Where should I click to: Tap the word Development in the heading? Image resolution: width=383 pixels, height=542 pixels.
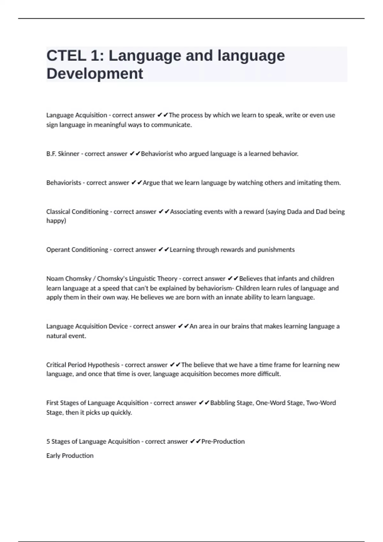tap(95, 74)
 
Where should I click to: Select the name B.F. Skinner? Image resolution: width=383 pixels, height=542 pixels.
tap(63, 154)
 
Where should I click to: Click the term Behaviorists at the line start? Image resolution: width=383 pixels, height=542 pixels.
tap(64, 183)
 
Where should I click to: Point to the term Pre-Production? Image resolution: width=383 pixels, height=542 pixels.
tap(223, 442)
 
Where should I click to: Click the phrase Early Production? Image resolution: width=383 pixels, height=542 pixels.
tap(70, 456)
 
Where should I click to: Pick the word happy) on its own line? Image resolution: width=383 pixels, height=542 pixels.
tap(56, 221)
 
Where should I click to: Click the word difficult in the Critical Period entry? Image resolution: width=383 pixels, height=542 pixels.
tap(269, 374)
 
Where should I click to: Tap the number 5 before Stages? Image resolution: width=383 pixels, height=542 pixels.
tap(48, 442)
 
